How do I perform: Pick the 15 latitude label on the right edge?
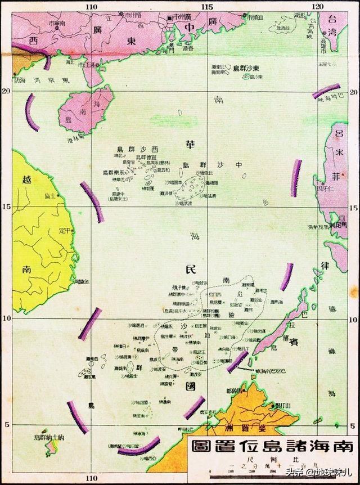click(354, 207)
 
